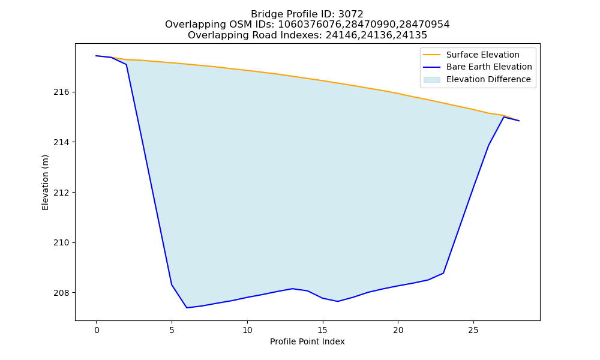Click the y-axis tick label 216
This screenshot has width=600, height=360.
(x=61, y=92)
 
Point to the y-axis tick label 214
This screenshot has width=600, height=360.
(x=61, y=142)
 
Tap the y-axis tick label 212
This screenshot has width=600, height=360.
(x=61, y=193)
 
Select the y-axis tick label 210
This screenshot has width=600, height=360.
(x=61, y=242)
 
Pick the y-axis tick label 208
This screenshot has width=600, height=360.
(x=61, y=293)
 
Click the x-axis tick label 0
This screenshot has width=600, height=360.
(x=97, y=330)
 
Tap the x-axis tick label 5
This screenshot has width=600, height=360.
(x=172, y=330)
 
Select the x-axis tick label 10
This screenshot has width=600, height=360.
(x=247, y=330)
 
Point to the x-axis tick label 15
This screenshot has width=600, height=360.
(x=323, y=330)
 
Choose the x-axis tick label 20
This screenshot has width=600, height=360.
(x=398, y=330)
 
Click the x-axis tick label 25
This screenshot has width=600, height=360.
(x=473, y=330)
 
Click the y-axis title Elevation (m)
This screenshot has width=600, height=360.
(x=45, y=182)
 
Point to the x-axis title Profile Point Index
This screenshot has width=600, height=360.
(x=307, y=341)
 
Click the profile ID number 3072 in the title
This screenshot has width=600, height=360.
(x=351, y=14)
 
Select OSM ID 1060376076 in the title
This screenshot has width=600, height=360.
(x=310, y=25)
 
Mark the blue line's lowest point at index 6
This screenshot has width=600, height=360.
(x=187, y=308)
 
